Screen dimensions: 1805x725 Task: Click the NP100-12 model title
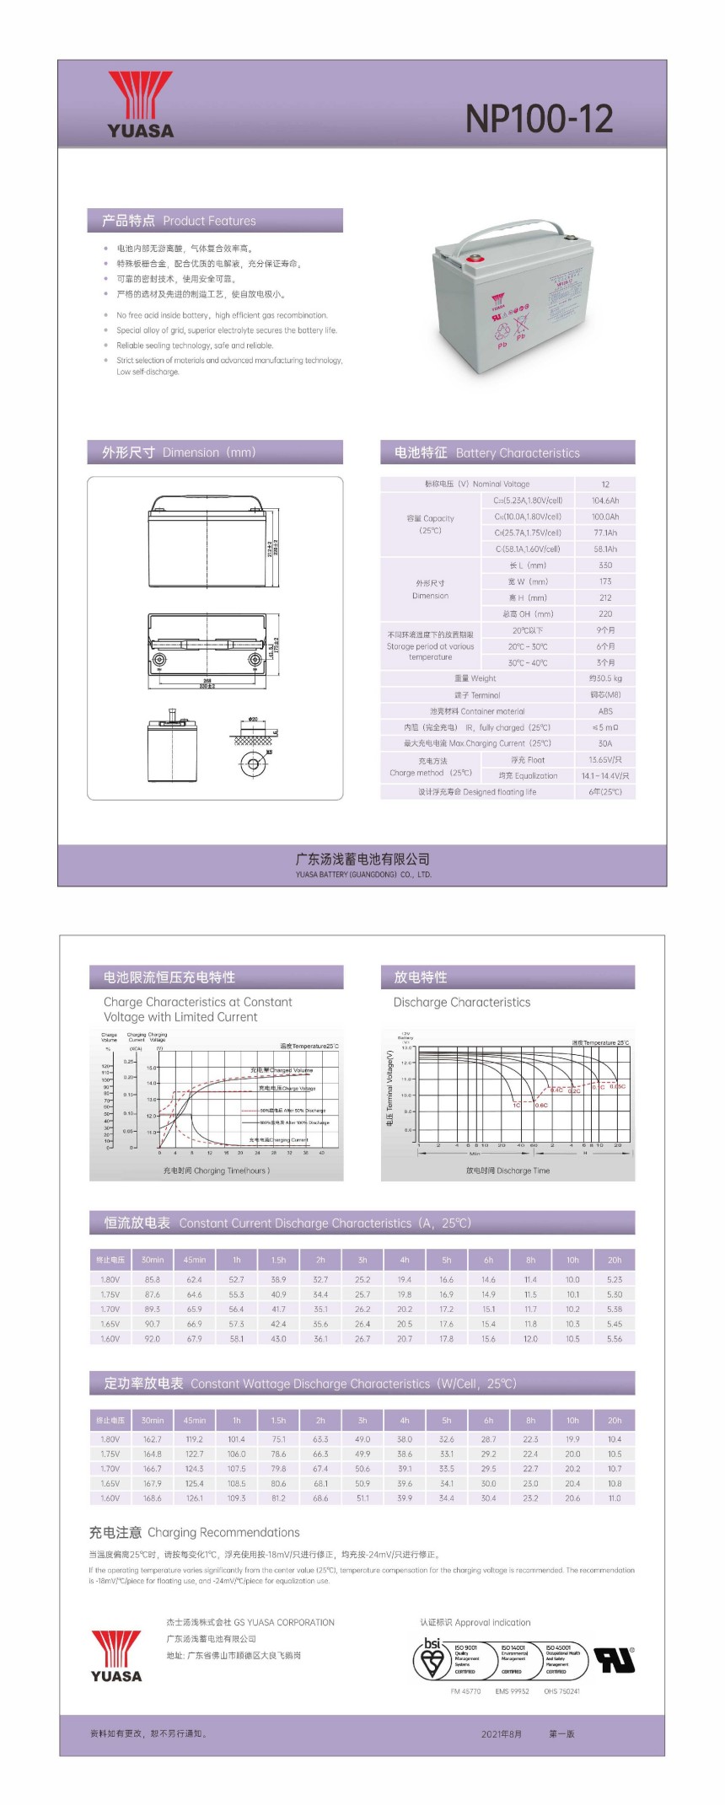[539, 120]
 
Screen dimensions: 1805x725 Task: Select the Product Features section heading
[179, 221]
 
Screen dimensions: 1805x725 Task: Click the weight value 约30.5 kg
[605, 678]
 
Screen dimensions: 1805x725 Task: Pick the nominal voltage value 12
[605, 485]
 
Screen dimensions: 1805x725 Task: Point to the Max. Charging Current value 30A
[605, 743]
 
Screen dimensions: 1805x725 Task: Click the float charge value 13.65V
[605, 760]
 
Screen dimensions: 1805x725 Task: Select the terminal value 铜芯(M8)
[605, 695]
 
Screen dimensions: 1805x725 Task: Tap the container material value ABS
[605, 711]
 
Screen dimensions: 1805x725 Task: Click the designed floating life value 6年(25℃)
[605, 792]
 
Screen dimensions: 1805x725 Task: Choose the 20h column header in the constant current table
[615, 1260]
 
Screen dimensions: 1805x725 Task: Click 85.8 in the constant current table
[153, 1279]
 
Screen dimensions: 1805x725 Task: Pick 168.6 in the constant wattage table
[153, 1498]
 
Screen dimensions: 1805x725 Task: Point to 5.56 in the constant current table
[615, 1338]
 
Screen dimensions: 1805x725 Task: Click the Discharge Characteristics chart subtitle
[462, 1002]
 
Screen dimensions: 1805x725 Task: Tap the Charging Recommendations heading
[195, 1532]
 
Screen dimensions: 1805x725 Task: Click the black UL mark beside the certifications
[615, 1659]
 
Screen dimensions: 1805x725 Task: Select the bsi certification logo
[432, 1658]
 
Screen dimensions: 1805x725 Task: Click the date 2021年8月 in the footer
[502, 1733]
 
